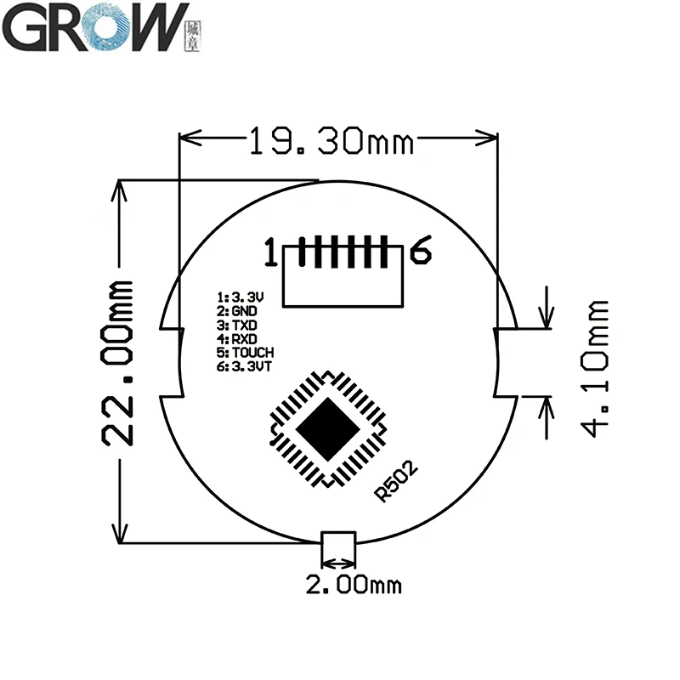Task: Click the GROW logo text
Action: pos(93,27)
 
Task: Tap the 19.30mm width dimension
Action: pos(331,139)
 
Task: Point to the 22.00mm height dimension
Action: pos(117,361)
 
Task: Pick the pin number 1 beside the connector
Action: pos(270,253)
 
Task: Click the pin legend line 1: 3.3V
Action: pos(241,297)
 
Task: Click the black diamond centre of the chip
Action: pos(326,428)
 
